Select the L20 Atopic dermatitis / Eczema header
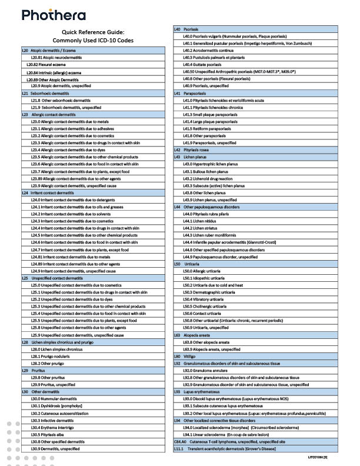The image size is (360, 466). [x=56, y=51]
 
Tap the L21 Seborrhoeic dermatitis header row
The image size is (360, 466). [x=49, y=93]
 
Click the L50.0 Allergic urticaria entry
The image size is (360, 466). [x=204, y=271]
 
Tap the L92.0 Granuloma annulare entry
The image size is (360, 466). [x=205, y=370]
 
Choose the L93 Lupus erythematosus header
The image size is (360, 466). [x=205, y=391]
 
